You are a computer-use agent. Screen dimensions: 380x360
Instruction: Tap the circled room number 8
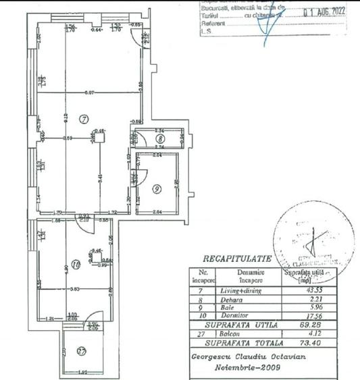coord(159,140)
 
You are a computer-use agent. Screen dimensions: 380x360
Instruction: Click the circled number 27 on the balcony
coord(82,351)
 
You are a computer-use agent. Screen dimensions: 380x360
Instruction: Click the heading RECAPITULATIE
coord(236,259)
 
